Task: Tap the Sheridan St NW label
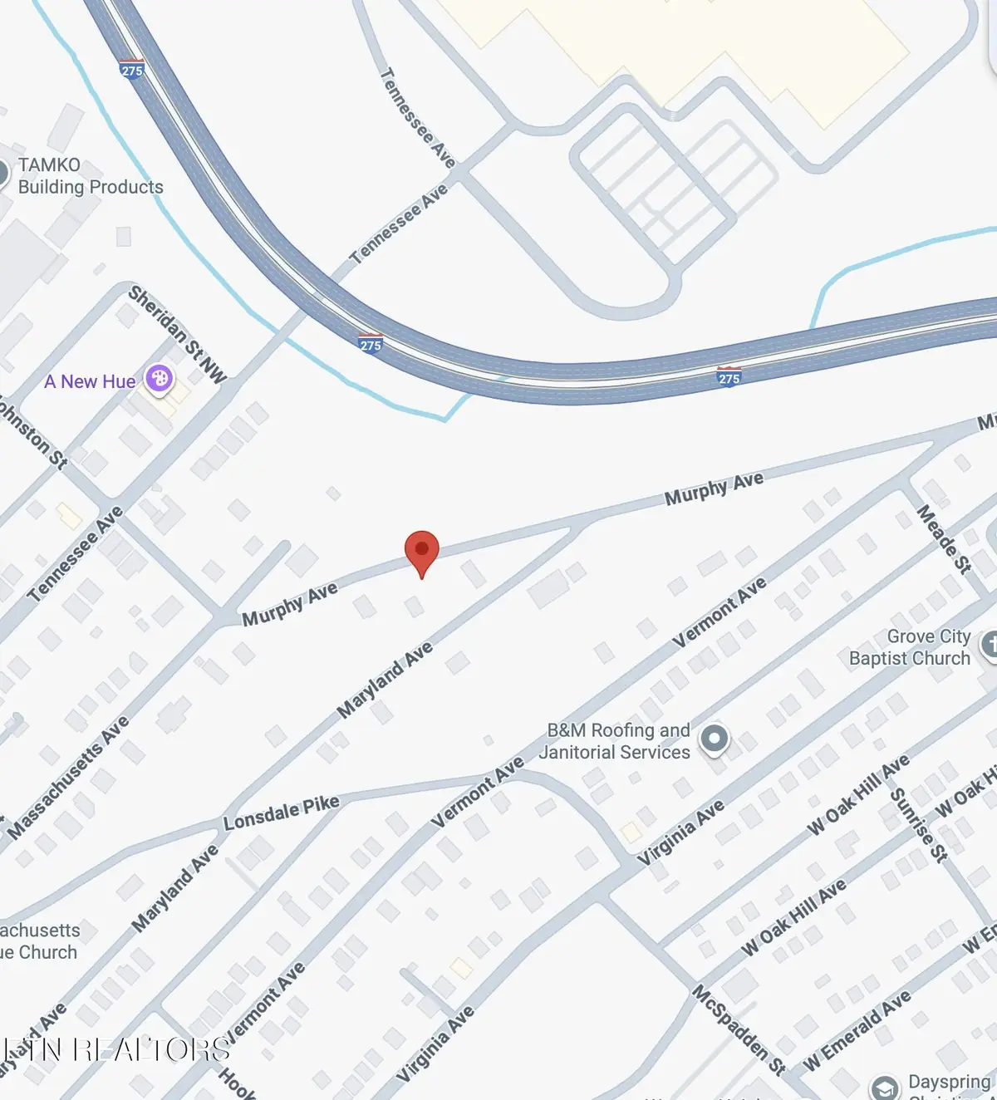tap(177, 335)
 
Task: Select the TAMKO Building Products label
tap(90, 176)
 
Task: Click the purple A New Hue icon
tap(159, 380)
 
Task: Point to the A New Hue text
tap(90, 381)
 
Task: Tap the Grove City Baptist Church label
tap(909, 647)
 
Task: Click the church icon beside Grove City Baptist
tap(989, 645)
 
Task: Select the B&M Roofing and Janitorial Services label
tap(615, 741)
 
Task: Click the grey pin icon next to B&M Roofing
tap(714, 738)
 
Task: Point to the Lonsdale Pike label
tap(282, 812)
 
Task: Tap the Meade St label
tap(943, 539)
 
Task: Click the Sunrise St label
tap(918, 824)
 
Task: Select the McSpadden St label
tap(739, 1029)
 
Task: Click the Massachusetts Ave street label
tap(70, 776)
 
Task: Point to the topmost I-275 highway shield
tap(132, 69)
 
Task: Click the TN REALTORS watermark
tap(116, 1049)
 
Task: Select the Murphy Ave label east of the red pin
tap(714, 489)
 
